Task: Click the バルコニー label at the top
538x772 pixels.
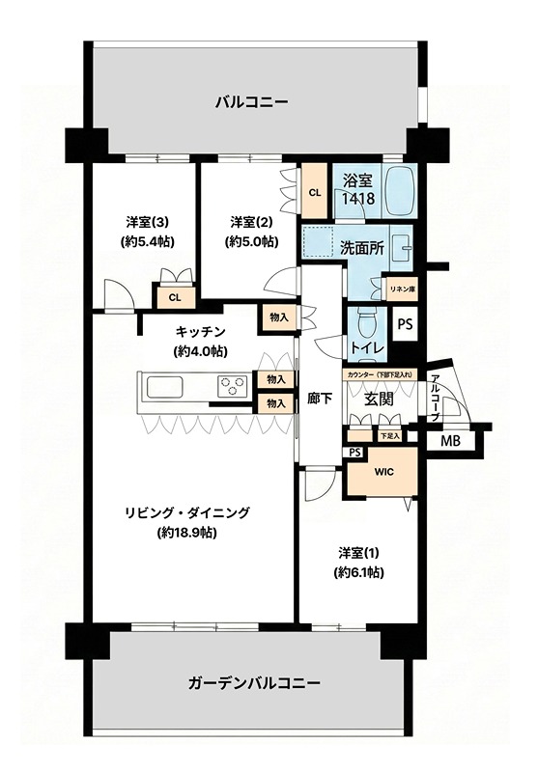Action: coord(251,102)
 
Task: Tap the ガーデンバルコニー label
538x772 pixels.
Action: coord(254,683)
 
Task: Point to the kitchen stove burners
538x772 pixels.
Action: coord(233,385)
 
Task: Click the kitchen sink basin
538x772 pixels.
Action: coord(164,386)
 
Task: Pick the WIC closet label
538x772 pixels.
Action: coord(383,472)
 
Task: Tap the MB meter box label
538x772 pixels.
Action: coord(450,441)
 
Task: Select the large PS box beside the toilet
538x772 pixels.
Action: coord(405,325)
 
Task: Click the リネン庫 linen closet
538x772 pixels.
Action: coord(402,289)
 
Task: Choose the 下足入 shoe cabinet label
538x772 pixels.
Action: coord(389,436)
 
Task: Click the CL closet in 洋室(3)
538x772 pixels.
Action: coord(175,297)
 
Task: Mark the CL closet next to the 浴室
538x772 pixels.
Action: coord(315,192)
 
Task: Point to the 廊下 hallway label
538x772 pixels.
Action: coord(321,399)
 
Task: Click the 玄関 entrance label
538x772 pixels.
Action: coord(379,400)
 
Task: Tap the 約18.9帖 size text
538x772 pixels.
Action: coord(187,533)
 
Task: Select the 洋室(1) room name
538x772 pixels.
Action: coord(358,553)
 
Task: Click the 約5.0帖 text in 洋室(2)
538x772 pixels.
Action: coord(251,242)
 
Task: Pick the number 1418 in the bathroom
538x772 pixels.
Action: coord(358,199)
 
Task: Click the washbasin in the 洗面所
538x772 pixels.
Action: coord(404,243)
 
